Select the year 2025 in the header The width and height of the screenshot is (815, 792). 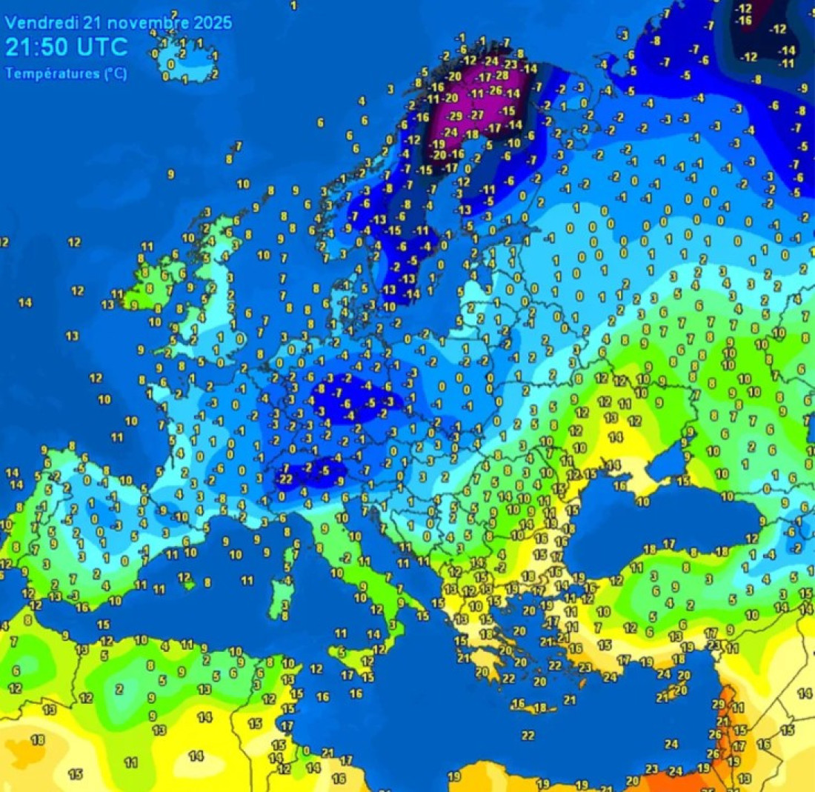pyautogui.click(x=213, y=22)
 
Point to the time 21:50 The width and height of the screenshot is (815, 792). pyautogui.click(x=37, y=47)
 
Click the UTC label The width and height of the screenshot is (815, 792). pyautogui.click(x=103, y=47)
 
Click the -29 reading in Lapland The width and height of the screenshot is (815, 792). pyautogui.click(x=456, y=116)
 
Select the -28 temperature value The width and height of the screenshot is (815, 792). pyautogui.click(x=502, y=76)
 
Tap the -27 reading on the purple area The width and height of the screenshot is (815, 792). pyautogui.click(x=477, y=115)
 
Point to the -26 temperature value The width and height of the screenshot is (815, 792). pyautogui.click(x=496, y=91)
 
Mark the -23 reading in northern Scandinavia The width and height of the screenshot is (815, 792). pyautogui.click(x=510, y=64)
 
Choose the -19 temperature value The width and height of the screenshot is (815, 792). pyautogui.click(x=438, y=144)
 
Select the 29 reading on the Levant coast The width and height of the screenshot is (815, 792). pyautogui.click(x=717, y=703)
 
